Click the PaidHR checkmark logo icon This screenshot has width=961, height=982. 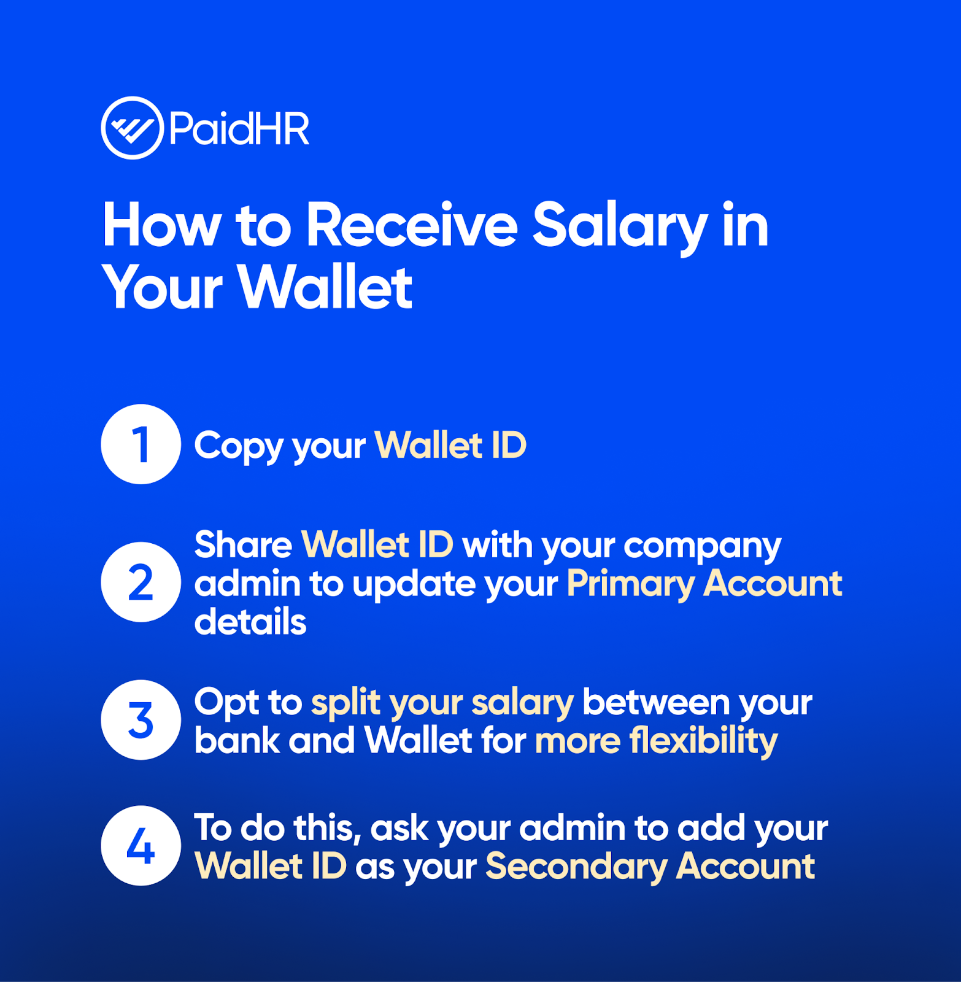(x=132, y=128)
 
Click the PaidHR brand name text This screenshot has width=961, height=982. (x=239, y=128)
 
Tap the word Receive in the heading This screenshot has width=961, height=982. (x=412, y=226)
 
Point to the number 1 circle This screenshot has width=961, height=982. (x=141, y=444)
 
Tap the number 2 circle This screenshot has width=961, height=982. (x=141, y=582)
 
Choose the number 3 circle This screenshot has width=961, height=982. (x=141, y=720)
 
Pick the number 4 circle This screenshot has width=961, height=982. (x=141, y=846)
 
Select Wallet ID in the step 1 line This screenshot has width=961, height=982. (x=450, y=444)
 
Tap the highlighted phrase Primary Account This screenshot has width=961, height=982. (x=704, y=585)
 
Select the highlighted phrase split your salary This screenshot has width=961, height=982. (x=442, y=704)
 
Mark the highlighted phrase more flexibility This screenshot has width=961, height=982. (x=657, y=741)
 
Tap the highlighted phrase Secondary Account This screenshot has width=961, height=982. (x=650, y=868)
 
